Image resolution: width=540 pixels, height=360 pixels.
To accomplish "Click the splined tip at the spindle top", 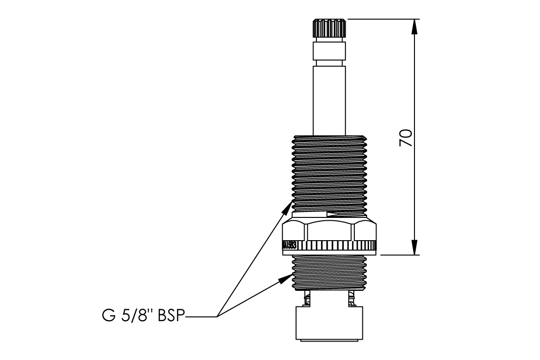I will coord(329,29).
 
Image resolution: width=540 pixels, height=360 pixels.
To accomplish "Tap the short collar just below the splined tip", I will coord(329,52).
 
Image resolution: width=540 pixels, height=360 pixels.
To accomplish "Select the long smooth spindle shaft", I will coord(329,99).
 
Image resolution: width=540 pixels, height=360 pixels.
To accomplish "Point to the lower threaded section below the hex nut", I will coord(329,272).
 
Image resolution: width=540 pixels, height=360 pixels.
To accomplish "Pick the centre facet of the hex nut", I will coord(329,232).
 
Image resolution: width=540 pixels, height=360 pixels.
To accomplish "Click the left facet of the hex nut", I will coord(294,232).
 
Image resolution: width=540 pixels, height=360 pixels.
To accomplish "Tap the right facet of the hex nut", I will coord(365,232).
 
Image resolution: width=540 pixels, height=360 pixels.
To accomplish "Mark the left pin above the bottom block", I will coord(307,298).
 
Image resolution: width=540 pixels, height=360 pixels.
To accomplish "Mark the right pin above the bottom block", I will coord(351,298).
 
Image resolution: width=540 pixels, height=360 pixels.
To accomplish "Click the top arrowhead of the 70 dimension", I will coord(414,26).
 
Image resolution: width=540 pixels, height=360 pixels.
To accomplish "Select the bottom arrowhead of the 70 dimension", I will coord(414,247).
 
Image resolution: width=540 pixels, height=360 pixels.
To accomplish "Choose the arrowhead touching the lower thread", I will coord(285,279).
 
